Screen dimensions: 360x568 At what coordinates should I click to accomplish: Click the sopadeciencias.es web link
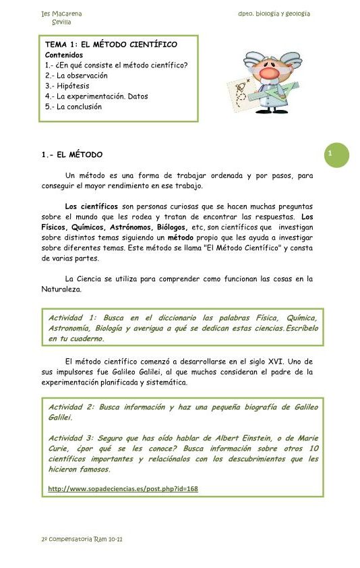123,488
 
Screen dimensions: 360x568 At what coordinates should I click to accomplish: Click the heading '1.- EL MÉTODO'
72,155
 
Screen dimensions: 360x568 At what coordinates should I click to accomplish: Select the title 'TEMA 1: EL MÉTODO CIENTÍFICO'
111,45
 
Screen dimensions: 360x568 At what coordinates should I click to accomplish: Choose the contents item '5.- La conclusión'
73,107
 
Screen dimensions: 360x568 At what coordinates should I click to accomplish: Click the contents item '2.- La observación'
76,76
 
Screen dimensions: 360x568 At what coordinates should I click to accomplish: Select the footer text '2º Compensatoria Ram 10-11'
82,540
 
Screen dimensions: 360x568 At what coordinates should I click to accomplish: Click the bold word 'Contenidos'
64,55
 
